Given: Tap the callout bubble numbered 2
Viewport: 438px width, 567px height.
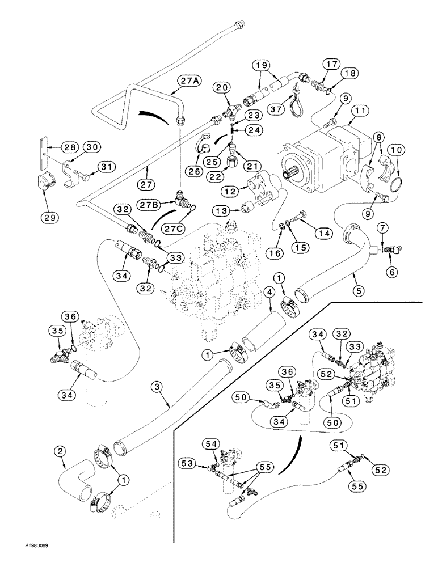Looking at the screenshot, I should tap(61, 451).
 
